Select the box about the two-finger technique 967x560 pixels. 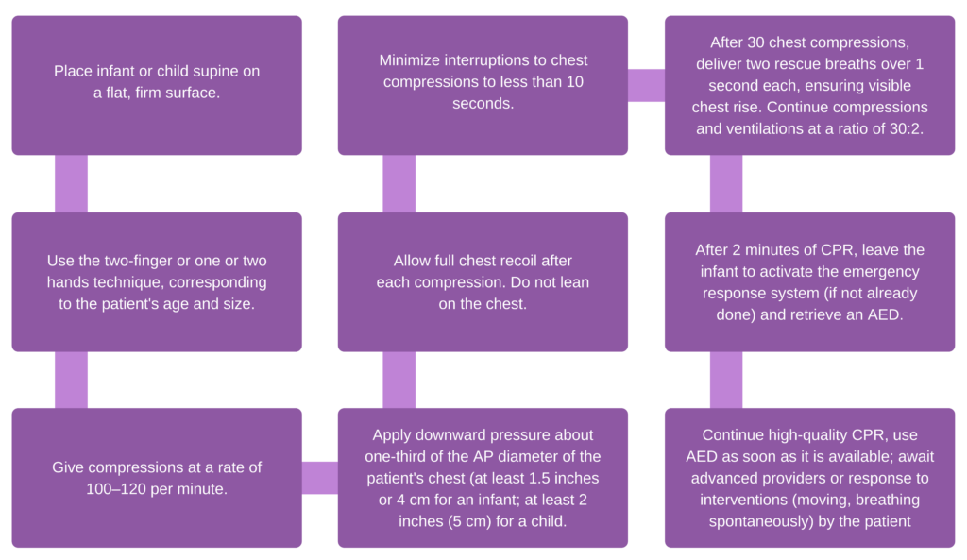click(157, 281)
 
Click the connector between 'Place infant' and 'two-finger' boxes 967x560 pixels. click(71, 183)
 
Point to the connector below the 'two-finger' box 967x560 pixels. click(71, 380)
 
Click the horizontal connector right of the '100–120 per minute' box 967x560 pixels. click(320, 478)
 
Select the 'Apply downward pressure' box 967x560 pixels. click(483, 478)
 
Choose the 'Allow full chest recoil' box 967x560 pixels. click(483, 281)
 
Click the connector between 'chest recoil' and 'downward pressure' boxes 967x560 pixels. click(399, 380)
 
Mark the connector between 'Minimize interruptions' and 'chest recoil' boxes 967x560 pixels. click(399, 183)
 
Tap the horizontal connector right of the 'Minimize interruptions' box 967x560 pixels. click(646, 85)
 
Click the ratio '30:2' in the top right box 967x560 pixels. click(905, 128)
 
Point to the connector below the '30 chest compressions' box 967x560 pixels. click(725, 183)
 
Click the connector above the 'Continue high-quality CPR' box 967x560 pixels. click(725, 380)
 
